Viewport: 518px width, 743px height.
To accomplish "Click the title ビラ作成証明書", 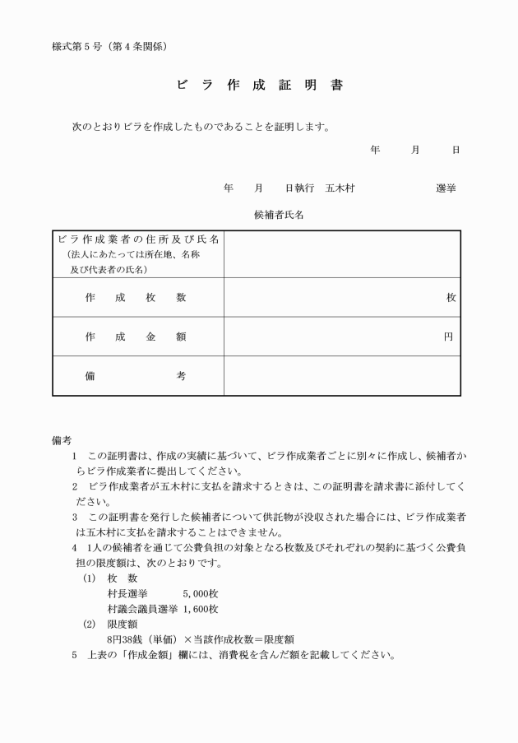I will pyautogui.click(x=259, y=85).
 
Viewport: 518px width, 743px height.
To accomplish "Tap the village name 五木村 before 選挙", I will pyautogui.click(x=340, y=188).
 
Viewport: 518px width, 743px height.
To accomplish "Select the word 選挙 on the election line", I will pyautogui.click(x=446, y=188).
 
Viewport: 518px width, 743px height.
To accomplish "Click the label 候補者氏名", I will pyautogui.click(x=279, y=216).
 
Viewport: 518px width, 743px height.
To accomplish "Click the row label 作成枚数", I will pyautogui.click(x=136, y=298).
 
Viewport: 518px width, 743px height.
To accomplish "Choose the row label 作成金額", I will pyautogui.click(x=136, y=337).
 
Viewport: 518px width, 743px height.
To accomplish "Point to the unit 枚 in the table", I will pyautogui.click(x=451, y=298).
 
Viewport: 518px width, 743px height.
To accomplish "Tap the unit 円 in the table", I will pyautogui.click(x=448, y=337).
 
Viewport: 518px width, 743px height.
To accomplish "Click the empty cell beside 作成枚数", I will pyautogui.click(x=329, y=298).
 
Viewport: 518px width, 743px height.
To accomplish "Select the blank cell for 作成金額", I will pyautogui.click(x=329, y=337).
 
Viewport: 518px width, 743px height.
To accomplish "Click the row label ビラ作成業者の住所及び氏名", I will pyautogui.click(x=138, y=239).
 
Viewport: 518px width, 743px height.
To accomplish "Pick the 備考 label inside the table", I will pyautogui.click(x=136, y=376).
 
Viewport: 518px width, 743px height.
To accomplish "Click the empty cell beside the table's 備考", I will pyautogui.click(x=341, y=376).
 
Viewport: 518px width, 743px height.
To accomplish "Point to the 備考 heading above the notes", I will pyautogui.click(x=62, y=441).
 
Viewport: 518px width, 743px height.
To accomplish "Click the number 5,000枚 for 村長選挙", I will pyautogui.click(x=201, y=593).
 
